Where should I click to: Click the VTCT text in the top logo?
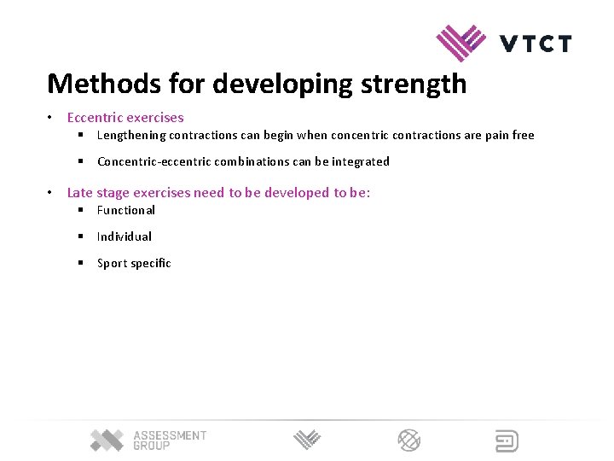click(535, 44)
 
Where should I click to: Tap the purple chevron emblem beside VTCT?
click(460, 42)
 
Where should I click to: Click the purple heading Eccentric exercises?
click(125, 118)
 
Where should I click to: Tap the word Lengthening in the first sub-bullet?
click(131, 135)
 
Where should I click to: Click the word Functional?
click(126, 210)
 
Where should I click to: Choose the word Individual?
click(125, 236)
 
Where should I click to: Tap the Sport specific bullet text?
click(134, 263)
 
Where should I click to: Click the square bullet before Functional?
click(78, 210)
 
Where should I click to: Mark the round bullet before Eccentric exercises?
click(51, 118)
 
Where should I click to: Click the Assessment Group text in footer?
click(169, 441)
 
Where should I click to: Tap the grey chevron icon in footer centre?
click(307, 441)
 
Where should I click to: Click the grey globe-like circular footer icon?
click(409, 441)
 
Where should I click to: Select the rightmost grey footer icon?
click(507, 441)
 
